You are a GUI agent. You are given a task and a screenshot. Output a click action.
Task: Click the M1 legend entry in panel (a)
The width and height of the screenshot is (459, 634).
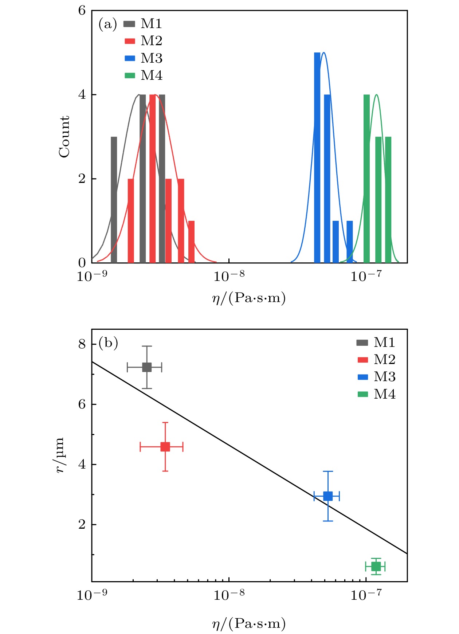[143, 24]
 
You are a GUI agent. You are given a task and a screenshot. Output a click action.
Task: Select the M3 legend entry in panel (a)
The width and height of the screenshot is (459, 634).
[143, 58]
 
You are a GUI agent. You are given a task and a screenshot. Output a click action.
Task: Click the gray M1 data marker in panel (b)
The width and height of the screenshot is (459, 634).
[147, 367]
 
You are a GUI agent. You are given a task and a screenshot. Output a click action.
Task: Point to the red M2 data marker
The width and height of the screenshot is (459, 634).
[165, 447]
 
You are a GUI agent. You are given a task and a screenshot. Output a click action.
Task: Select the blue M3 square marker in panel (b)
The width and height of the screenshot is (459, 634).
[328, 496]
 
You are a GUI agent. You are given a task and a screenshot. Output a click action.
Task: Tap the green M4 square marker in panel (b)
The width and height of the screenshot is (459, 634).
[376, 567]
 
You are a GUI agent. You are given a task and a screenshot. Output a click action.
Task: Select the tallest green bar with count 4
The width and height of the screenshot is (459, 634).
[366, 179]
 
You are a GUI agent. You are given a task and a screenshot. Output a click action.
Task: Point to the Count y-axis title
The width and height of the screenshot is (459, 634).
[64, 137]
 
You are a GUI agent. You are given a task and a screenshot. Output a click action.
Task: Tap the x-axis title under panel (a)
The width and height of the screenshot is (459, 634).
[249, 298]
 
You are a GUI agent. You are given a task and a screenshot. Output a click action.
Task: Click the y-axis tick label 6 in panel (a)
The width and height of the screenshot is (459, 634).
[82, 11]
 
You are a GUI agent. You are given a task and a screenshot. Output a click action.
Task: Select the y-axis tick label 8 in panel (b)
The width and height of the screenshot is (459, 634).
[82, 344]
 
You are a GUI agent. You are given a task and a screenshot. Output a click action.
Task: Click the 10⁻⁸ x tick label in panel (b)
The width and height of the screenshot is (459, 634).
[229, 595]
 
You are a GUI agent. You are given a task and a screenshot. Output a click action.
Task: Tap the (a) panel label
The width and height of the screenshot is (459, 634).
[108, 24]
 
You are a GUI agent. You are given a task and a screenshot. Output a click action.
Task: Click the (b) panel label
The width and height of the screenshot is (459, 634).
[108, 343]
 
